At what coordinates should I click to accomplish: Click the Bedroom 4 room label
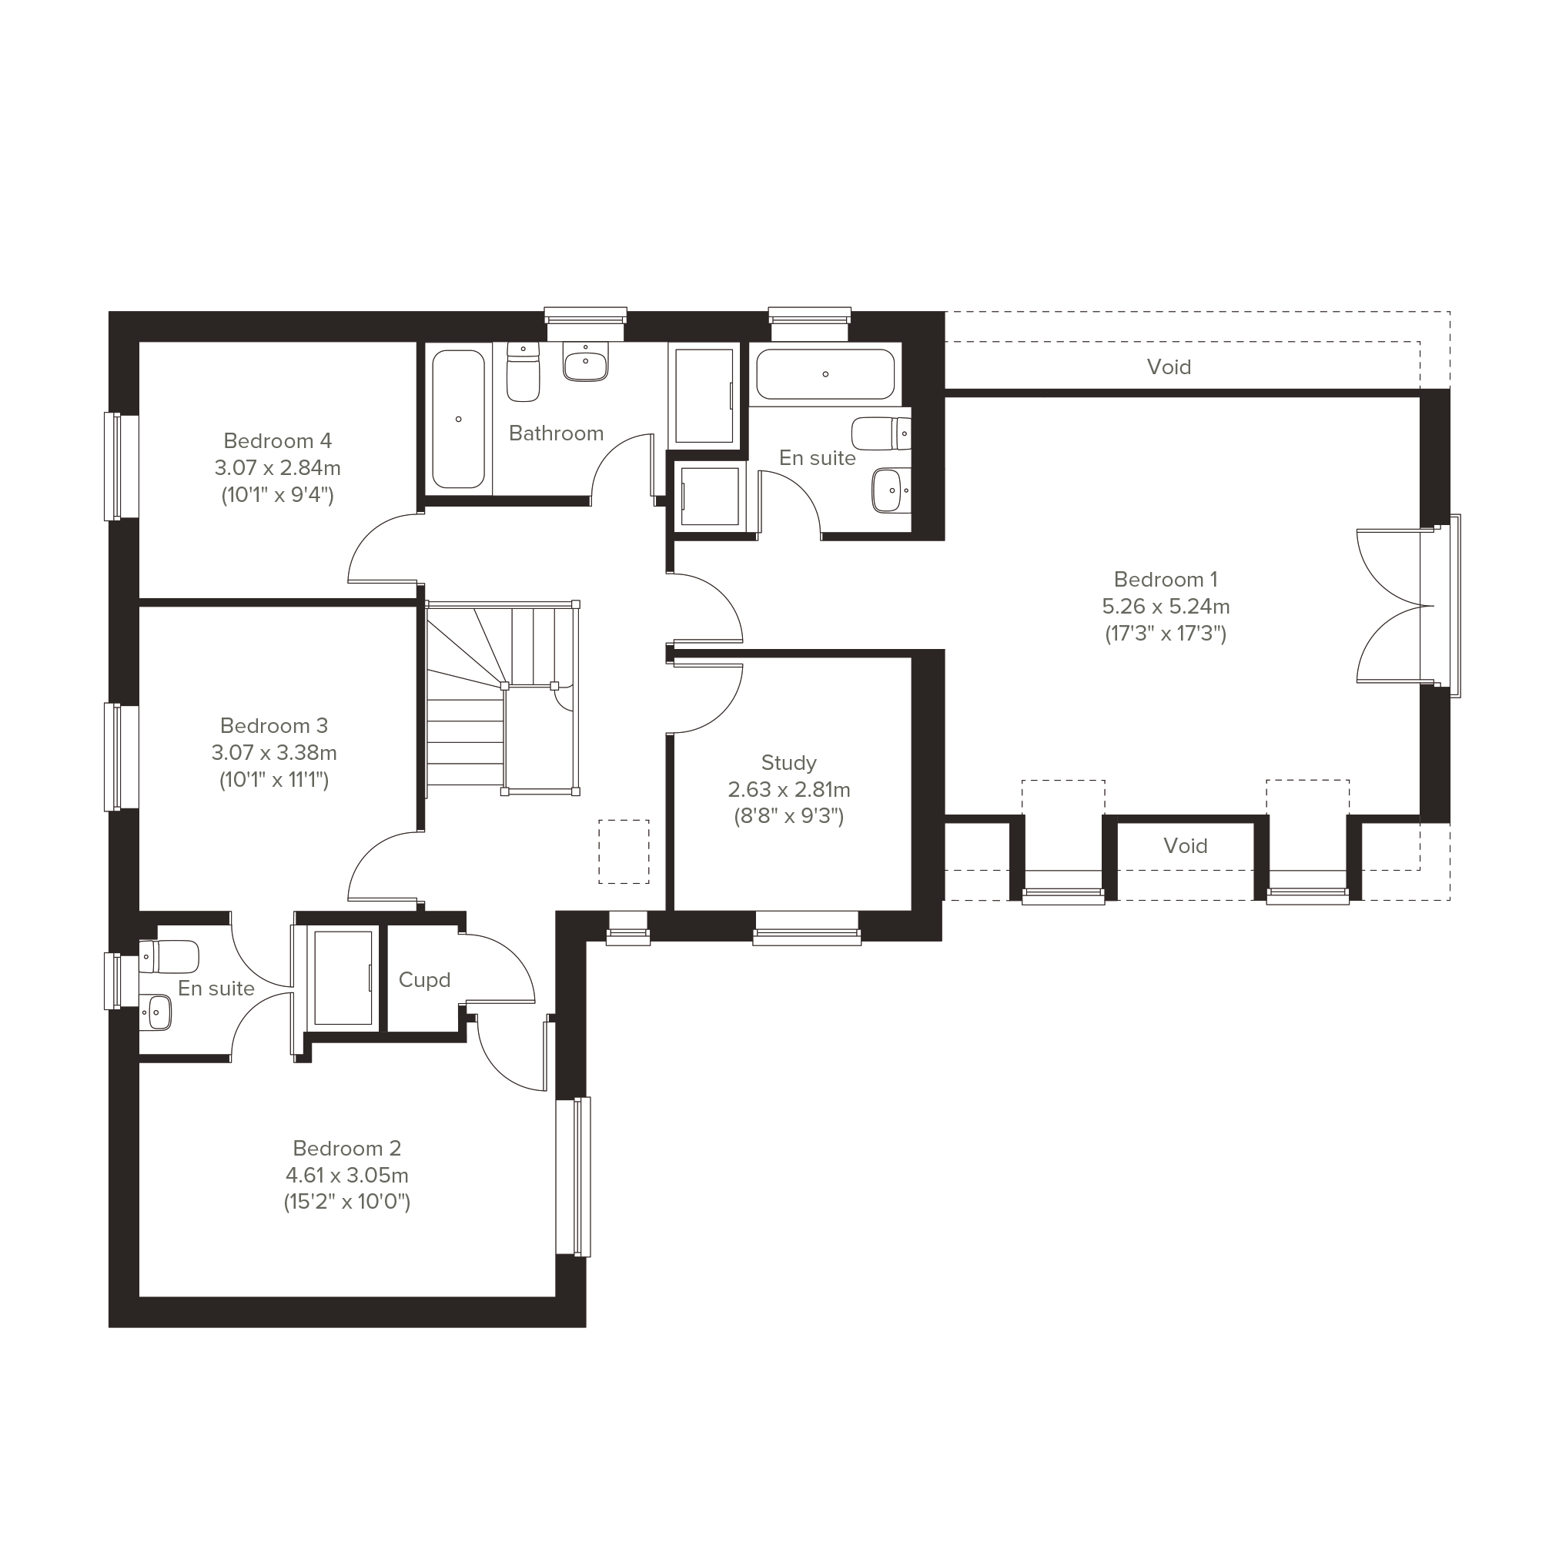click(x=278, y=440)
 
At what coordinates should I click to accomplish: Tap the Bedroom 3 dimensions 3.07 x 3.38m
click(x=274, y=753)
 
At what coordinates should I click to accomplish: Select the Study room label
click(x=788, y=762)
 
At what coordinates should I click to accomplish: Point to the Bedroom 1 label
click(x=1166, y=580)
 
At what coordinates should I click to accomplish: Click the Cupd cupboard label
click(x=424, y=979)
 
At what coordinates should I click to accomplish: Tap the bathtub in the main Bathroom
click(x=458, y=419)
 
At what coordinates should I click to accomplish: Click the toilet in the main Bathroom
click(x=523, y=371)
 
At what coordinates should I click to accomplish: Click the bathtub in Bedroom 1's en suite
click(x=825, y=373)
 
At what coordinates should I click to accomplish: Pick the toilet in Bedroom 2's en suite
click(x=169, y=956)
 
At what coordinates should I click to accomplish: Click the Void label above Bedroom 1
click(x=1169, y=367)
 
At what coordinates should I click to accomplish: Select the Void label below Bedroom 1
click(x=1186, y=845)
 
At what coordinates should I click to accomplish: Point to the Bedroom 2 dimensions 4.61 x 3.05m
click(x=347, y=1175)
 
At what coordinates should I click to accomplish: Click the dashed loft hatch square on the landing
click(x=624, y=851)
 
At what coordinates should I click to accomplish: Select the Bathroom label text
click(x=556, y=433)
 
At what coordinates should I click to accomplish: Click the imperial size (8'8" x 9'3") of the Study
click(x=788, y=816)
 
